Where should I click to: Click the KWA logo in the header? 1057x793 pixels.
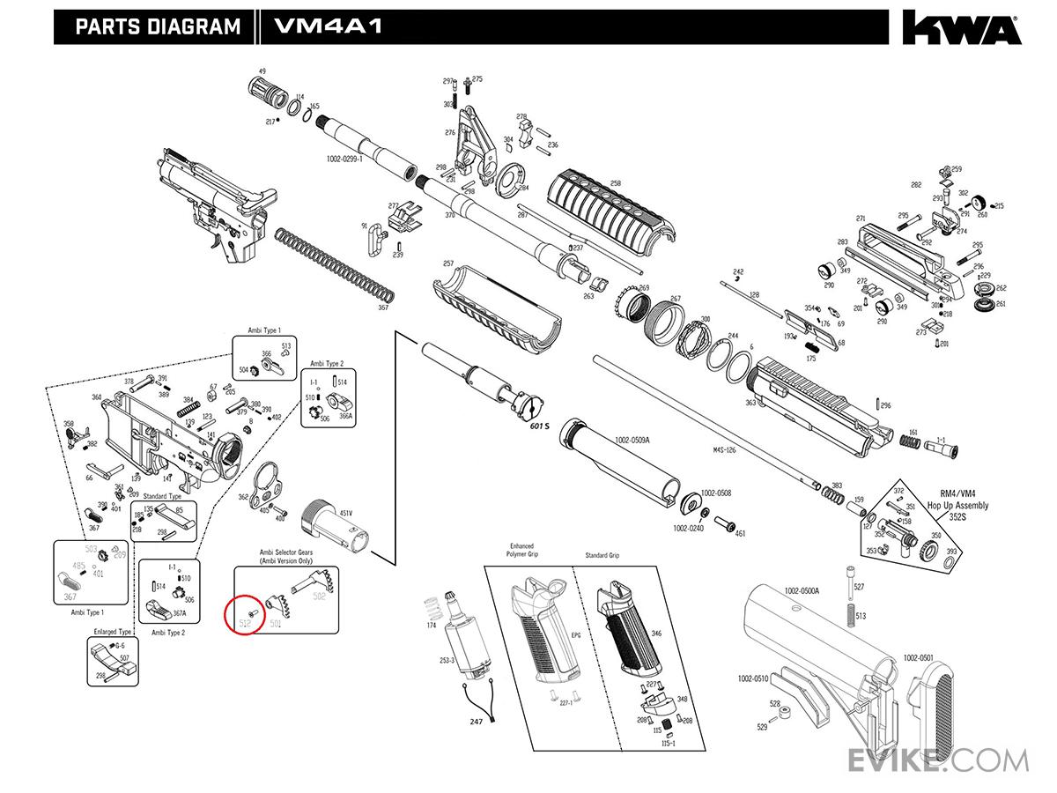pos(960,27)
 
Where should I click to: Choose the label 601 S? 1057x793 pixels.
pos(539,426)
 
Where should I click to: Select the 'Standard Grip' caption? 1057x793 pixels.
pos(602,556)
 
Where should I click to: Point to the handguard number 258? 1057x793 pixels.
pos(615,183)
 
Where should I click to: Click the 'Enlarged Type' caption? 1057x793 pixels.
pos(113,632)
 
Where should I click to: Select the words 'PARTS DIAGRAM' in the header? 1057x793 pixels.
pos(158,26)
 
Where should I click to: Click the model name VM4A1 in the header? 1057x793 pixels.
pos(328,26)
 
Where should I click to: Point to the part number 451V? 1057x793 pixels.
pos(345,513)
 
